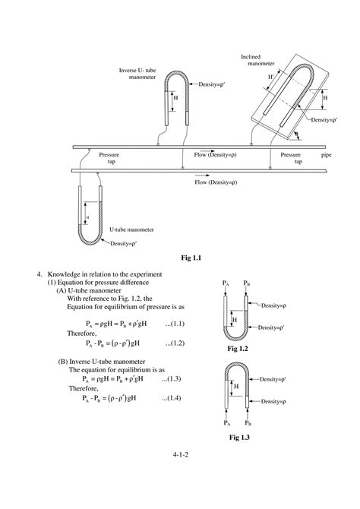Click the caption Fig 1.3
pyautogui.click(x=240, y=438)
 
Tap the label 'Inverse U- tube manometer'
pyautogui.click(x=139, y=74)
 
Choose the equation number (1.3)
pyautogui.click(x=176, y=378)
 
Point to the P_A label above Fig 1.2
pyautogui.click(x=226, y=282)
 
